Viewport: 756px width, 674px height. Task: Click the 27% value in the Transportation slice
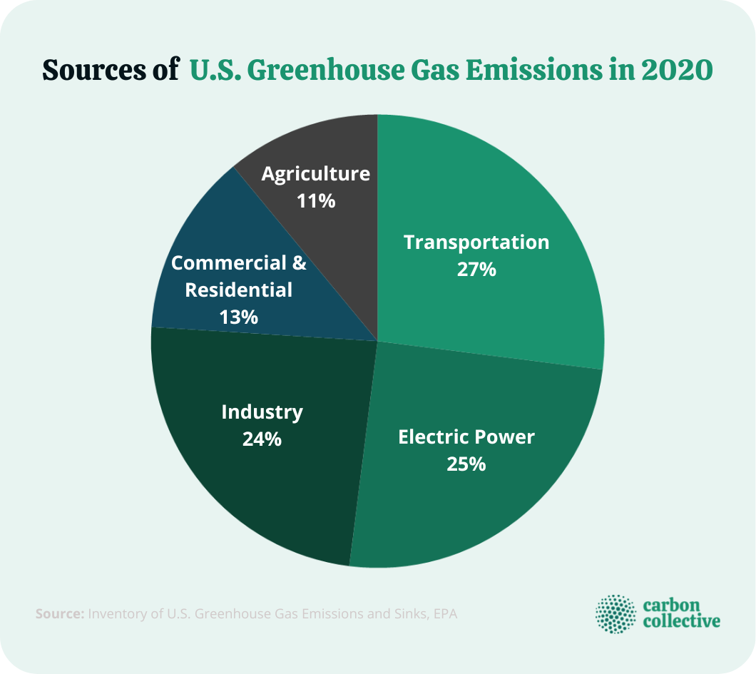pyautogui.click(x=476, y=270)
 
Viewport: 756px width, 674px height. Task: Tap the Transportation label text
pyautogui.click(x=476, y=242)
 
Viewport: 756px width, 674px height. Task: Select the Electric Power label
pyautogui.click(x=466, y=436)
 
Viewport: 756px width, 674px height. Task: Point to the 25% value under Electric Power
pyautogui.click(x=466, y=464)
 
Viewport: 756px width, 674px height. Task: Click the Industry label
pyautogui.click(x=262, y=412)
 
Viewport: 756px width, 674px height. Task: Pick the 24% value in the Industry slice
pyautogui.click(x=262, y=439)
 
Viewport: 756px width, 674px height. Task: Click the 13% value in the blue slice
pyautogui.click(x=239, y=317)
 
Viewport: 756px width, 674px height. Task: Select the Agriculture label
pyautogui.click(x=315, y=174)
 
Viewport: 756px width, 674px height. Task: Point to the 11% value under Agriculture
pyautogui.click(x=315, y=201)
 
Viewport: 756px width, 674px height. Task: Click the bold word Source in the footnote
pyautogui.click(x=59, y=613)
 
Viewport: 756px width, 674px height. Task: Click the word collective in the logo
pyautogui.click(x=681, y=622)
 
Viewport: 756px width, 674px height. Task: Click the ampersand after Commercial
pyautogui.click(x=300, y=263)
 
